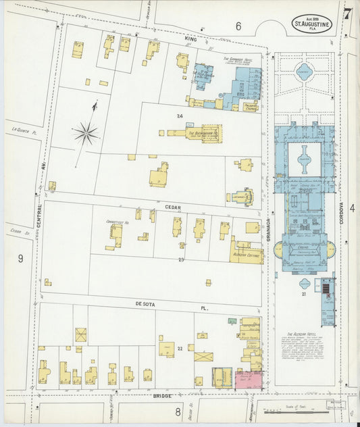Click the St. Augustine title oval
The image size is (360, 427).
point(311,24)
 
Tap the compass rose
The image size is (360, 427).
point(86,133)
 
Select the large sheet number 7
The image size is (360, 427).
point(347,14)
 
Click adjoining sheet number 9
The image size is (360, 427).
point(20,257)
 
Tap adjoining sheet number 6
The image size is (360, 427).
point(238,26)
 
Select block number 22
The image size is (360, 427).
point(180,348)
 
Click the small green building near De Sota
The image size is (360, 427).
point(232,321)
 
